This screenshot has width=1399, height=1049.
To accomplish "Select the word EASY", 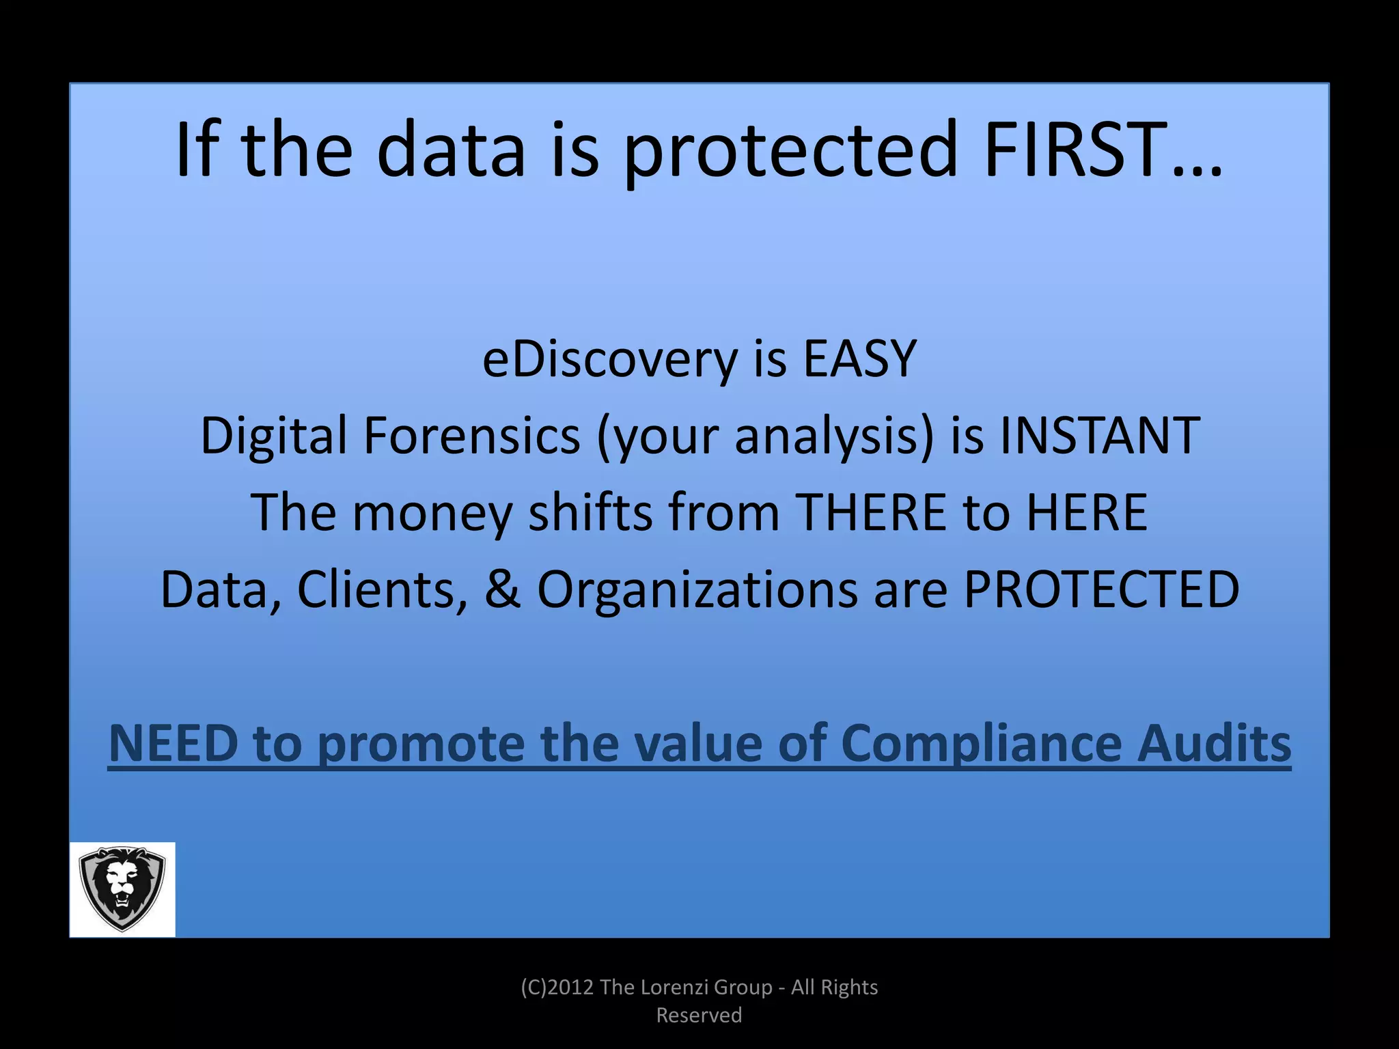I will [859, 359].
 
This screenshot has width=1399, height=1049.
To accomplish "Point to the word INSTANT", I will [1100, 436].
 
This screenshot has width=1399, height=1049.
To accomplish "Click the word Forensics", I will [471, 436].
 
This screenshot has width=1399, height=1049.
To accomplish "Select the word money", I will [432, 514].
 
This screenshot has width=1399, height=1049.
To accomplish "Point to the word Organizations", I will [697, 590].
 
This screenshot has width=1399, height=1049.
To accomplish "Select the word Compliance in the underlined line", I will [981, 744].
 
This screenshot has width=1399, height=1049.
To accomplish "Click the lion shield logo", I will [122, 889].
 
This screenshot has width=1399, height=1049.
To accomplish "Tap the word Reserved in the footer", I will [699, 1015].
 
